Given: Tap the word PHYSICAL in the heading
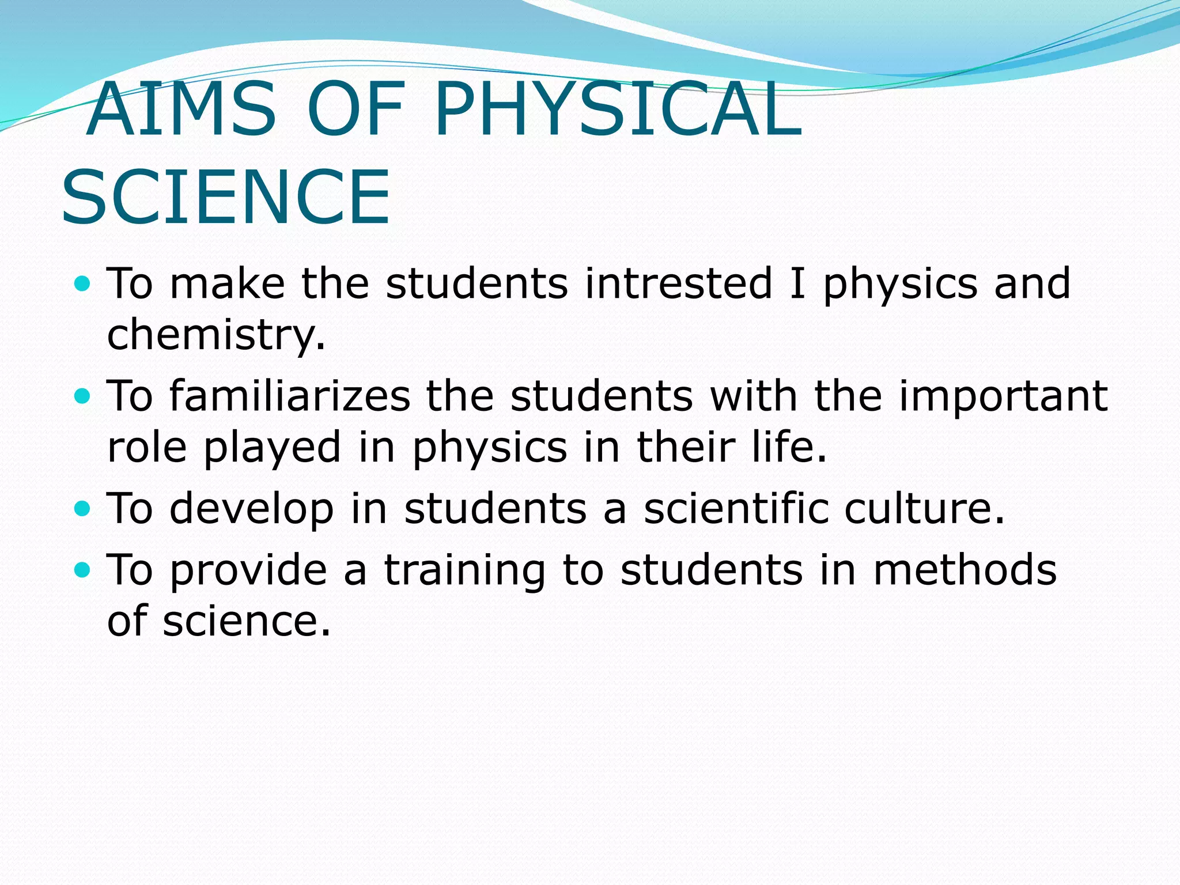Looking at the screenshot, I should click(618, 109).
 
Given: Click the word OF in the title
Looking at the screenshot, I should click(355, 109).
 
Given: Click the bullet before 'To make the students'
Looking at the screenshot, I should click(83, 283).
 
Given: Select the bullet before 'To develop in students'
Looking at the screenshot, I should click(83, 508).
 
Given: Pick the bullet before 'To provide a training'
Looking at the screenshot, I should click(83, 570).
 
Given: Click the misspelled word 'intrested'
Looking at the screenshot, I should click(678, 283).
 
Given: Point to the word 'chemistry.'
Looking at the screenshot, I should click(217, 335).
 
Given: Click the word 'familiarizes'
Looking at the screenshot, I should click(290, 396).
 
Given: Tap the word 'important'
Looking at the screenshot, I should click(1003, 397).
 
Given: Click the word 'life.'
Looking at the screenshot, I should click(789, 447).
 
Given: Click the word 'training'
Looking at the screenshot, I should click(464, 571).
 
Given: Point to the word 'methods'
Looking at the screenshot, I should click(965, 570).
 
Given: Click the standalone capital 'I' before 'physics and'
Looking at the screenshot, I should click(797, 283).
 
